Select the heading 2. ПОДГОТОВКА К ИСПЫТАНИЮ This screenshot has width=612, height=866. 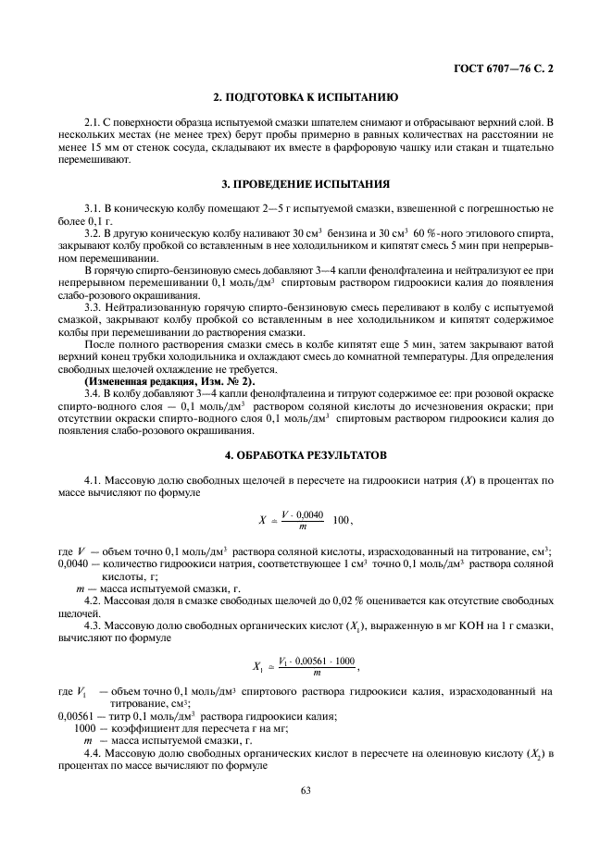(x=306, y=97)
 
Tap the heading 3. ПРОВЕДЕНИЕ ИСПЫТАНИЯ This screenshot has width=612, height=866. (x=306, y=183)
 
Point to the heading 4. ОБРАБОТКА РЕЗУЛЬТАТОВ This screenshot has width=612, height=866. (x=306, y=456)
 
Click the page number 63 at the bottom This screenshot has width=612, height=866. (x=306, y=791)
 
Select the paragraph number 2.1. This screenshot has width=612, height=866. (x=91, y=122)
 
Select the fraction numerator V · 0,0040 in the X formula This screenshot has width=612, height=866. (x=298, y=514)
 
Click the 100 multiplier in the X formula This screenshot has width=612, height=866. (x=342, y=521)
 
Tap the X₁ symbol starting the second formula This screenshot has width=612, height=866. (x=257, y=664)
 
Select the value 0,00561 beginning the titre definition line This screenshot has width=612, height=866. (x=76, y=715)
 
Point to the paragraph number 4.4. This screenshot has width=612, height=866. (x=91, y=754)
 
